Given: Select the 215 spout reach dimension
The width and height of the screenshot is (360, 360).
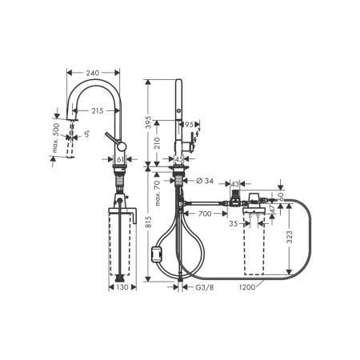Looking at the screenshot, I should click(97, 110).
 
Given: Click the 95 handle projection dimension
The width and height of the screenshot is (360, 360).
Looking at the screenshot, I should click(190, 124).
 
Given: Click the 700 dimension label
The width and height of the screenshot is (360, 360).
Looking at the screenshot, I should click(204, 214).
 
